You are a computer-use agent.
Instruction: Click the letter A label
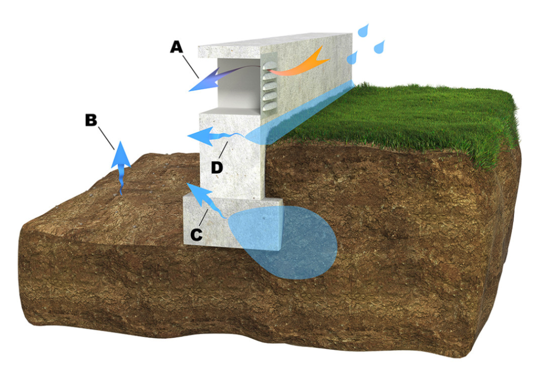176,47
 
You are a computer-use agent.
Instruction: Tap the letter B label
91,120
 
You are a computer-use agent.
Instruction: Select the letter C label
197,235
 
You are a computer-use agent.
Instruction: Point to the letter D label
217,167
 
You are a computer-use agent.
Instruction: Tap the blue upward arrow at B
120,166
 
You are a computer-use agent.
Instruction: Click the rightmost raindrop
379,47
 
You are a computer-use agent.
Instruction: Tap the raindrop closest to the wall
352,58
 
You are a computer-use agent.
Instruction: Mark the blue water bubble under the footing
283,243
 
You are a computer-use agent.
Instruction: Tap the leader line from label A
191,66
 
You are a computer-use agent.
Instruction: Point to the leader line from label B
106,138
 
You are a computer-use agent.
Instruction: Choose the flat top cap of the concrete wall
275,44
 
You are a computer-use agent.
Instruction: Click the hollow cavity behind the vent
239,84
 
